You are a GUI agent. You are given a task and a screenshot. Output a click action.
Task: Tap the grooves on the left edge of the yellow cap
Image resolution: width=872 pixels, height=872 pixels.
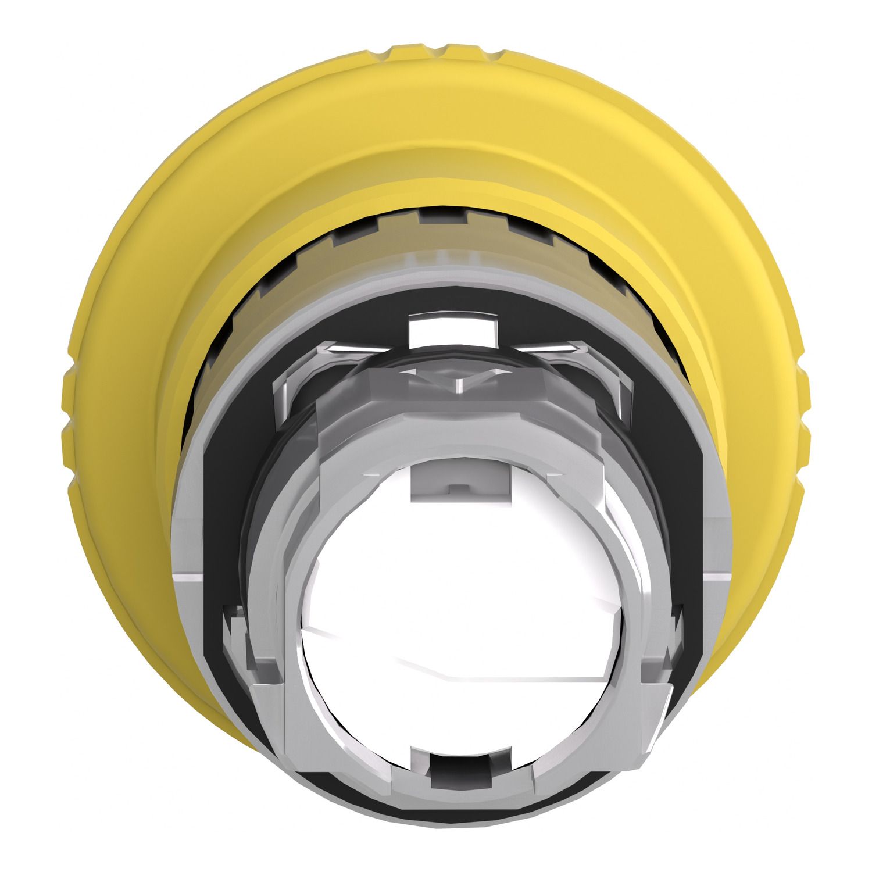(x=69, y=407)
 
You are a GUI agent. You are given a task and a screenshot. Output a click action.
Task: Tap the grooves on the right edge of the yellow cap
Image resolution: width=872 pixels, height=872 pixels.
(x=803, y=407)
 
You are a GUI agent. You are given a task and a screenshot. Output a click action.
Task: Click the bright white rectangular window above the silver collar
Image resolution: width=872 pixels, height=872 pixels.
(x=454, y=328)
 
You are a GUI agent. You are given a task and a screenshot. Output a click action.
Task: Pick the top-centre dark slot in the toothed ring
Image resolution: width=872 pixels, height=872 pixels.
(x=442, y=217)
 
